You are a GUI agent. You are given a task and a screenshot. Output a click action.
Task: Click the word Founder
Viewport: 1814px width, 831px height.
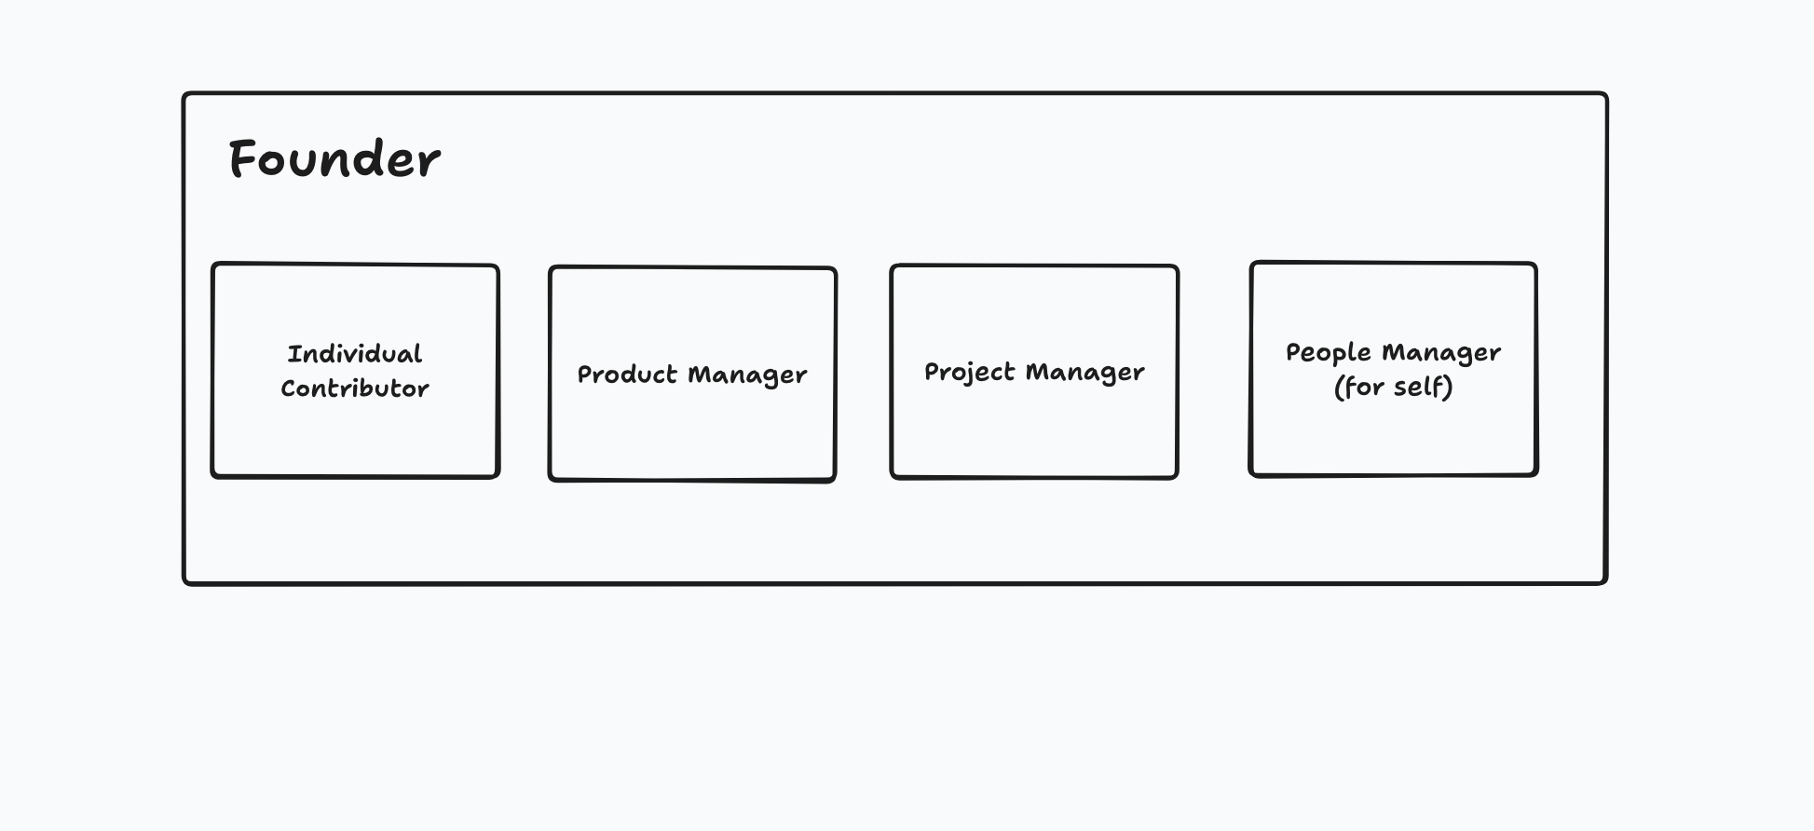334,159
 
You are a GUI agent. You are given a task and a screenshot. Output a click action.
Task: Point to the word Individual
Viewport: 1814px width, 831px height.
355,354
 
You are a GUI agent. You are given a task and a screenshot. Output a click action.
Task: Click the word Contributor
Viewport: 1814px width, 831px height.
355,388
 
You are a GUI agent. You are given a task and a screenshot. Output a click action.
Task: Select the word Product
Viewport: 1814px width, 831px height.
627,375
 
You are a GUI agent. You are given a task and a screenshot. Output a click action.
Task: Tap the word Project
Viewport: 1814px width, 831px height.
969,372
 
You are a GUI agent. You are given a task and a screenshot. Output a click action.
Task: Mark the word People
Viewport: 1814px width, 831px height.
1328,352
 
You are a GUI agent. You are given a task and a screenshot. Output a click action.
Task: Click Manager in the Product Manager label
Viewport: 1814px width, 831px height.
747,375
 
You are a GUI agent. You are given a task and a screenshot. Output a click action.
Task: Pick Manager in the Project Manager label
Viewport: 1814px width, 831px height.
1084,373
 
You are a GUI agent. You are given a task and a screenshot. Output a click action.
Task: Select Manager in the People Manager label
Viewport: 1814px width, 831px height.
1441,353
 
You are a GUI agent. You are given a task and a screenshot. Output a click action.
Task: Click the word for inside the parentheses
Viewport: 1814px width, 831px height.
1365,387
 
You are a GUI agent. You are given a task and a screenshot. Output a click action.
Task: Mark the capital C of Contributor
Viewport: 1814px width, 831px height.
289,388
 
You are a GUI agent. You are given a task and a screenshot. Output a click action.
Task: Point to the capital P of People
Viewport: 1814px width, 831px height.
1293,352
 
